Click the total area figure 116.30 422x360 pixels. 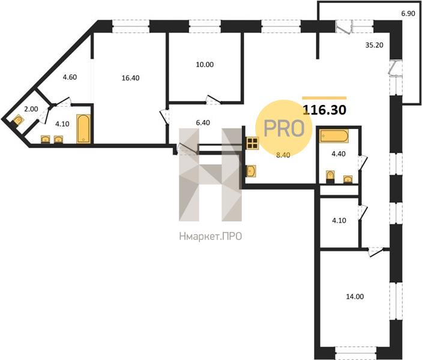[x=325, y=110]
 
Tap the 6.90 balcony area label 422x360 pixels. [x=408, y=13]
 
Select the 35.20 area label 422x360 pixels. [x=374, y=45]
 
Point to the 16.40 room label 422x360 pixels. [x=130, y=78]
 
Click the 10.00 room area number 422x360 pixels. [x=205, y=65]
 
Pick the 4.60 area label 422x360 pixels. [x=70, y=77]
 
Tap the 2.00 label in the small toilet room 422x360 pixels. [x=31, y=109]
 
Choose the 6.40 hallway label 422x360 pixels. [x=203, y=122]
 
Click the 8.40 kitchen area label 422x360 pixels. [x=283, y=155]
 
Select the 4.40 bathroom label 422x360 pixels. [x=339, y=154]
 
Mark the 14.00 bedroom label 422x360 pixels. [x=355, y=296]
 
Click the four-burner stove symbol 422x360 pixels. [x=253, y=143]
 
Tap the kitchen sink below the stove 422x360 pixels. [x=251, y=171]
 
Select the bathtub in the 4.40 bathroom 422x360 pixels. [x=334, y=136]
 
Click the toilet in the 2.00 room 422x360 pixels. [x=18, y=120]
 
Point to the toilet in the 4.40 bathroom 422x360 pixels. [x=330, y=176]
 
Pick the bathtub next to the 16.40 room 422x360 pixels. [x=83, y=128]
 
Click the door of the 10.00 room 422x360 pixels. [x=213, y=99]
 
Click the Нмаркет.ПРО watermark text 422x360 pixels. [x=211, y=236]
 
